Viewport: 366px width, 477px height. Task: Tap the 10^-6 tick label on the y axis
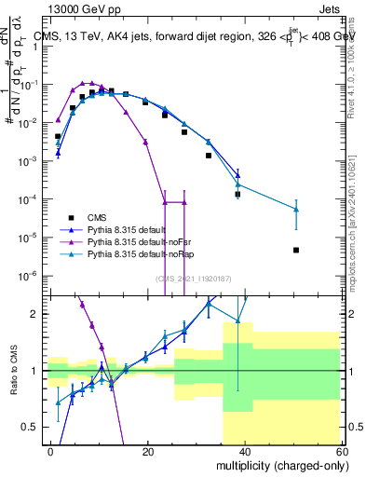tap(33, 276)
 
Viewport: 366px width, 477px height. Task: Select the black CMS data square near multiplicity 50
tap(295, 250)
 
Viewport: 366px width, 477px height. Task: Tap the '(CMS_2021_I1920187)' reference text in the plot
tap(196, 277)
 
